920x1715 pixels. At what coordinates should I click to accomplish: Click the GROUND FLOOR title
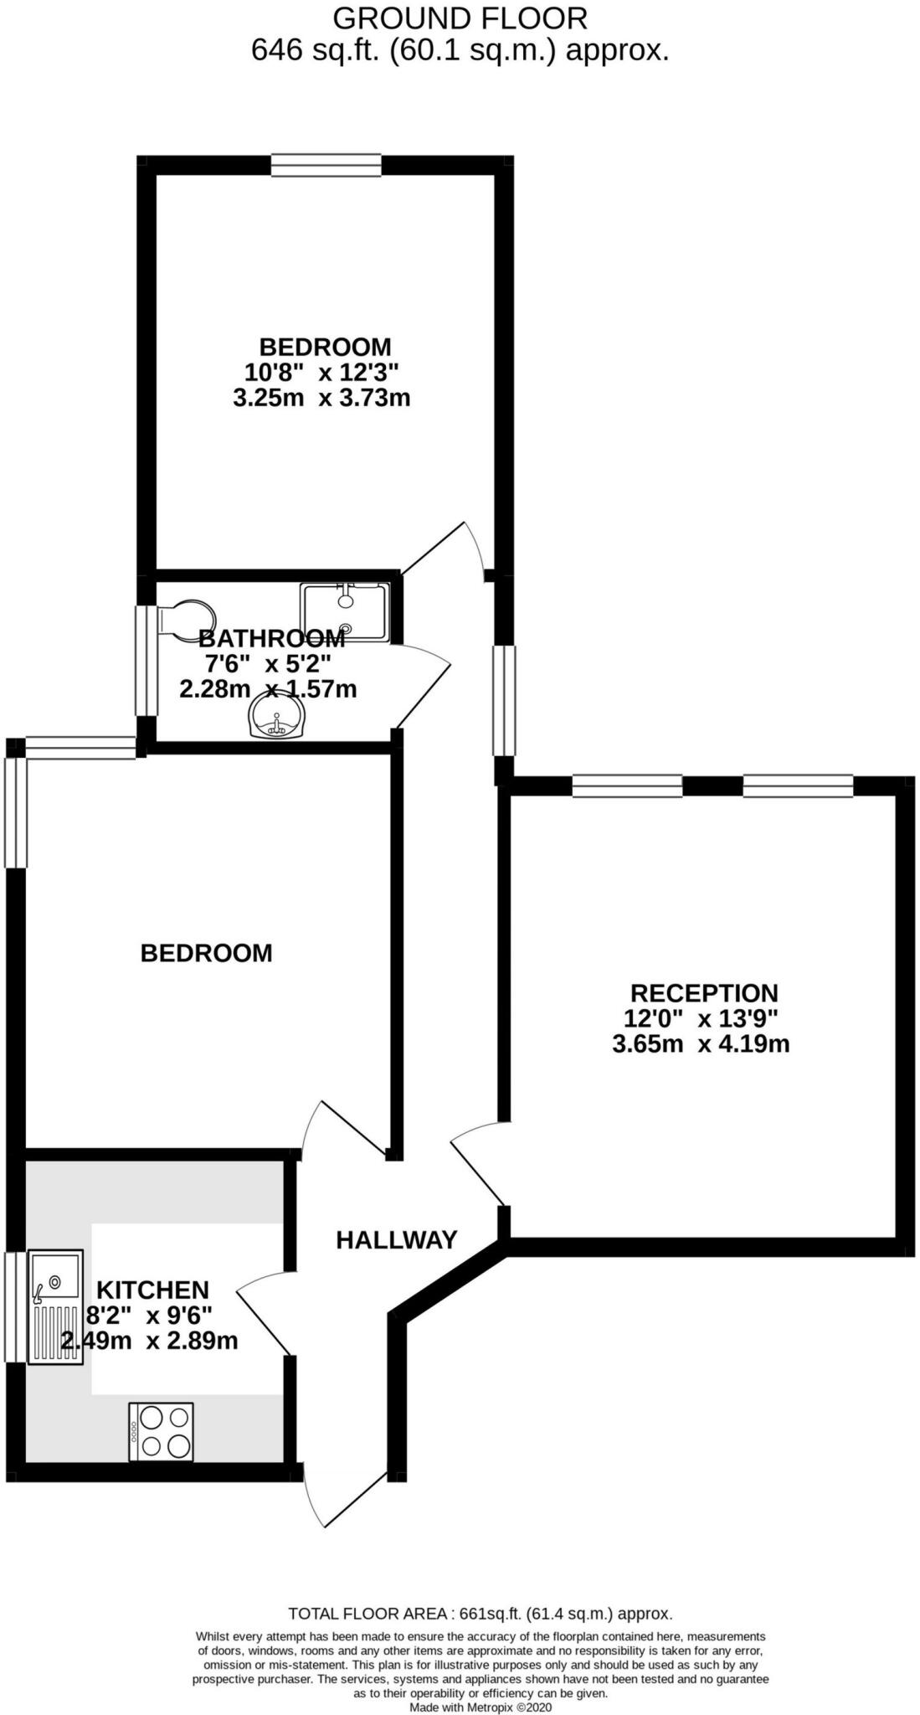460,18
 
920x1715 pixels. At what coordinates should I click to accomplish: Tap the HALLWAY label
397,1239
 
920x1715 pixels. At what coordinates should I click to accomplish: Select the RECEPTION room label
704,993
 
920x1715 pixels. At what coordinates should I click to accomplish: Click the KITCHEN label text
152,1290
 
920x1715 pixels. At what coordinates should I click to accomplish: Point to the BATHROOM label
271,639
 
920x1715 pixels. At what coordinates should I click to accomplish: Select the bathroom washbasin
278,718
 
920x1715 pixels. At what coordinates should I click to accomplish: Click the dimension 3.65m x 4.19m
701,1044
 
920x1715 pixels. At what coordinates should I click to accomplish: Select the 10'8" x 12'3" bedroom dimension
322,372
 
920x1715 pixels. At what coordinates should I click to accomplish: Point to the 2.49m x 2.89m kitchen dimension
149,1341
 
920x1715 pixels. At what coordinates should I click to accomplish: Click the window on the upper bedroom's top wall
326,165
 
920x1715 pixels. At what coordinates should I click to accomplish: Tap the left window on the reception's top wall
627,785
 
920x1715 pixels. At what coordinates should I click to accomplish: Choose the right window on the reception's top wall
798,785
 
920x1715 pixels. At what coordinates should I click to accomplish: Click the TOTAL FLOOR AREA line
480,1613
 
